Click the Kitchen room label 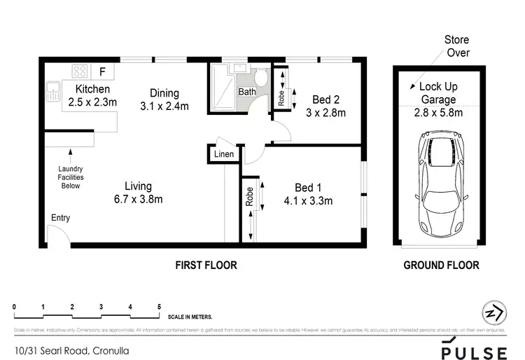pyautogui.click(x=93, y=89)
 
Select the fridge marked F pyautogui.click(x=103, y=71)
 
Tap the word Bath pyautogui.click(x=247, y=92)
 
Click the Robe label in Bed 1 pyautogui.click(x=249, y=197)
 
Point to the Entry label pyautogui.click(x=60, y=218)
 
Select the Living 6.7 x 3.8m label pyautogui.click(x=139, y=193)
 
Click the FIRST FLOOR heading pyautogui.click(x=206, y=265)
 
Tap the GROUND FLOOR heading pyautogui.click(x=442, y=265)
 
